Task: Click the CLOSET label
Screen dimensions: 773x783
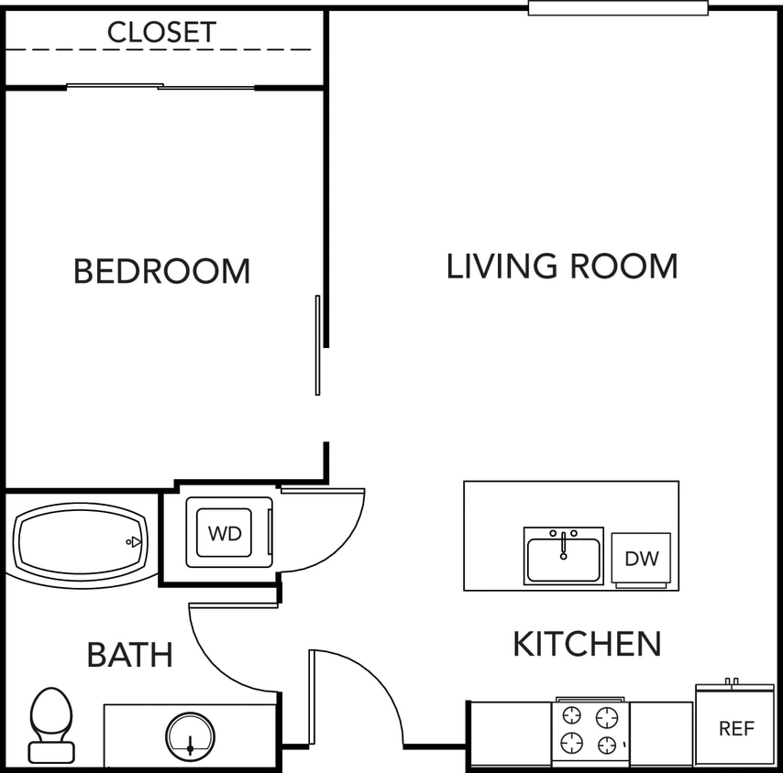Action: click(161, 32)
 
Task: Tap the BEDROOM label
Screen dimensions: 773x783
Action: click(161, 271)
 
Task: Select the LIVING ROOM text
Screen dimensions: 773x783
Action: click(562, 267)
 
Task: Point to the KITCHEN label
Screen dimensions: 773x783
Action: click(587, 644)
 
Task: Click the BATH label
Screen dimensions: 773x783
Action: click(129, 655)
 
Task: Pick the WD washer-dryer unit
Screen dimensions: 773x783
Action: click(225, 533)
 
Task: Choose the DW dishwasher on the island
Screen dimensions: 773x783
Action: click(642, 558)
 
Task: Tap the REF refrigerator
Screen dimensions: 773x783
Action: click(735, 729)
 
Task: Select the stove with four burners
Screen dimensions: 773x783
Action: click(590, 730)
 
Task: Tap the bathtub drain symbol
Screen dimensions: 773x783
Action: click(135, 542)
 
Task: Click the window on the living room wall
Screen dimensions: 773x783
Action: click(618, 8)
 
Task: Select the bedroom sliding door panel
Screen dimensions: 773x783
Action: click(318, 344)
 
